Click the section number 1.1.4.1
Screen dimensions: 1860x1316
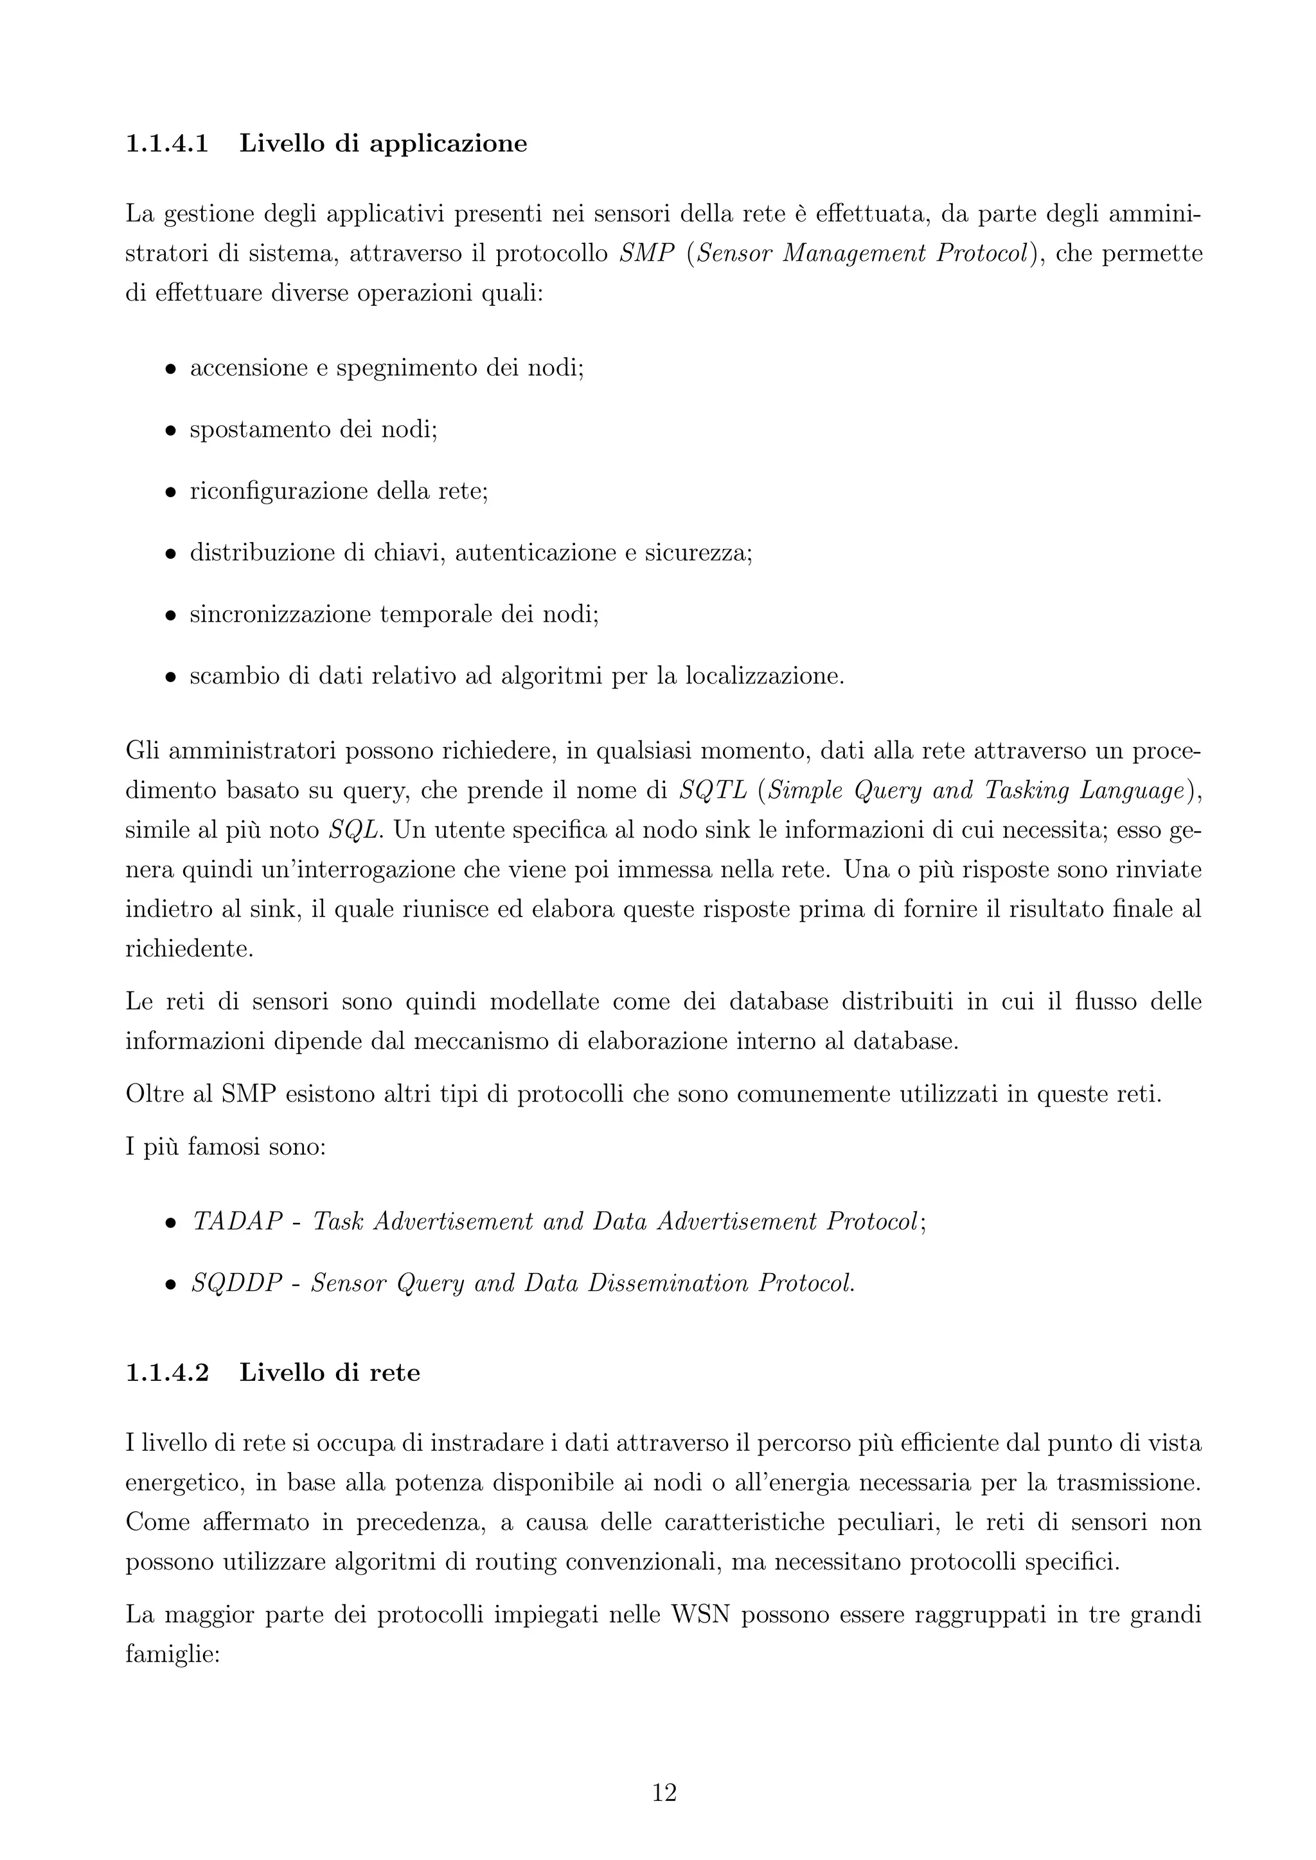pyautogui.click(x=167, y=145)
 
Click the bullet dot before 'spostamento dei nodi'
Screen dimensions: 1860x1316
pyautogui.click(x=170, y=432)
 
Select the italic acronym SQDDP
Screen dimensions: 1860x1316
pyautogui.click(x=236, y=1283)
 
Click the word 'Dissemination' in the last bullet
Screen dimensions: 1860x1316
pyautogui.click(x=668, y=1283)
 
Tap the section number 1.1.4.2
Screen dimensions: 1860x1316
pyautogui.click(x=167, y=1373)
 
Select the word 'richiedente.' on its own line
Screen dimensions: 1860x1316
pyautogui.click(x=189, y=949)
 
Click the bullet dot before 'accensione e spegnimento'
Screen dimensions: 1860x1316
pyautogui.click(x=170, y=370)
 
